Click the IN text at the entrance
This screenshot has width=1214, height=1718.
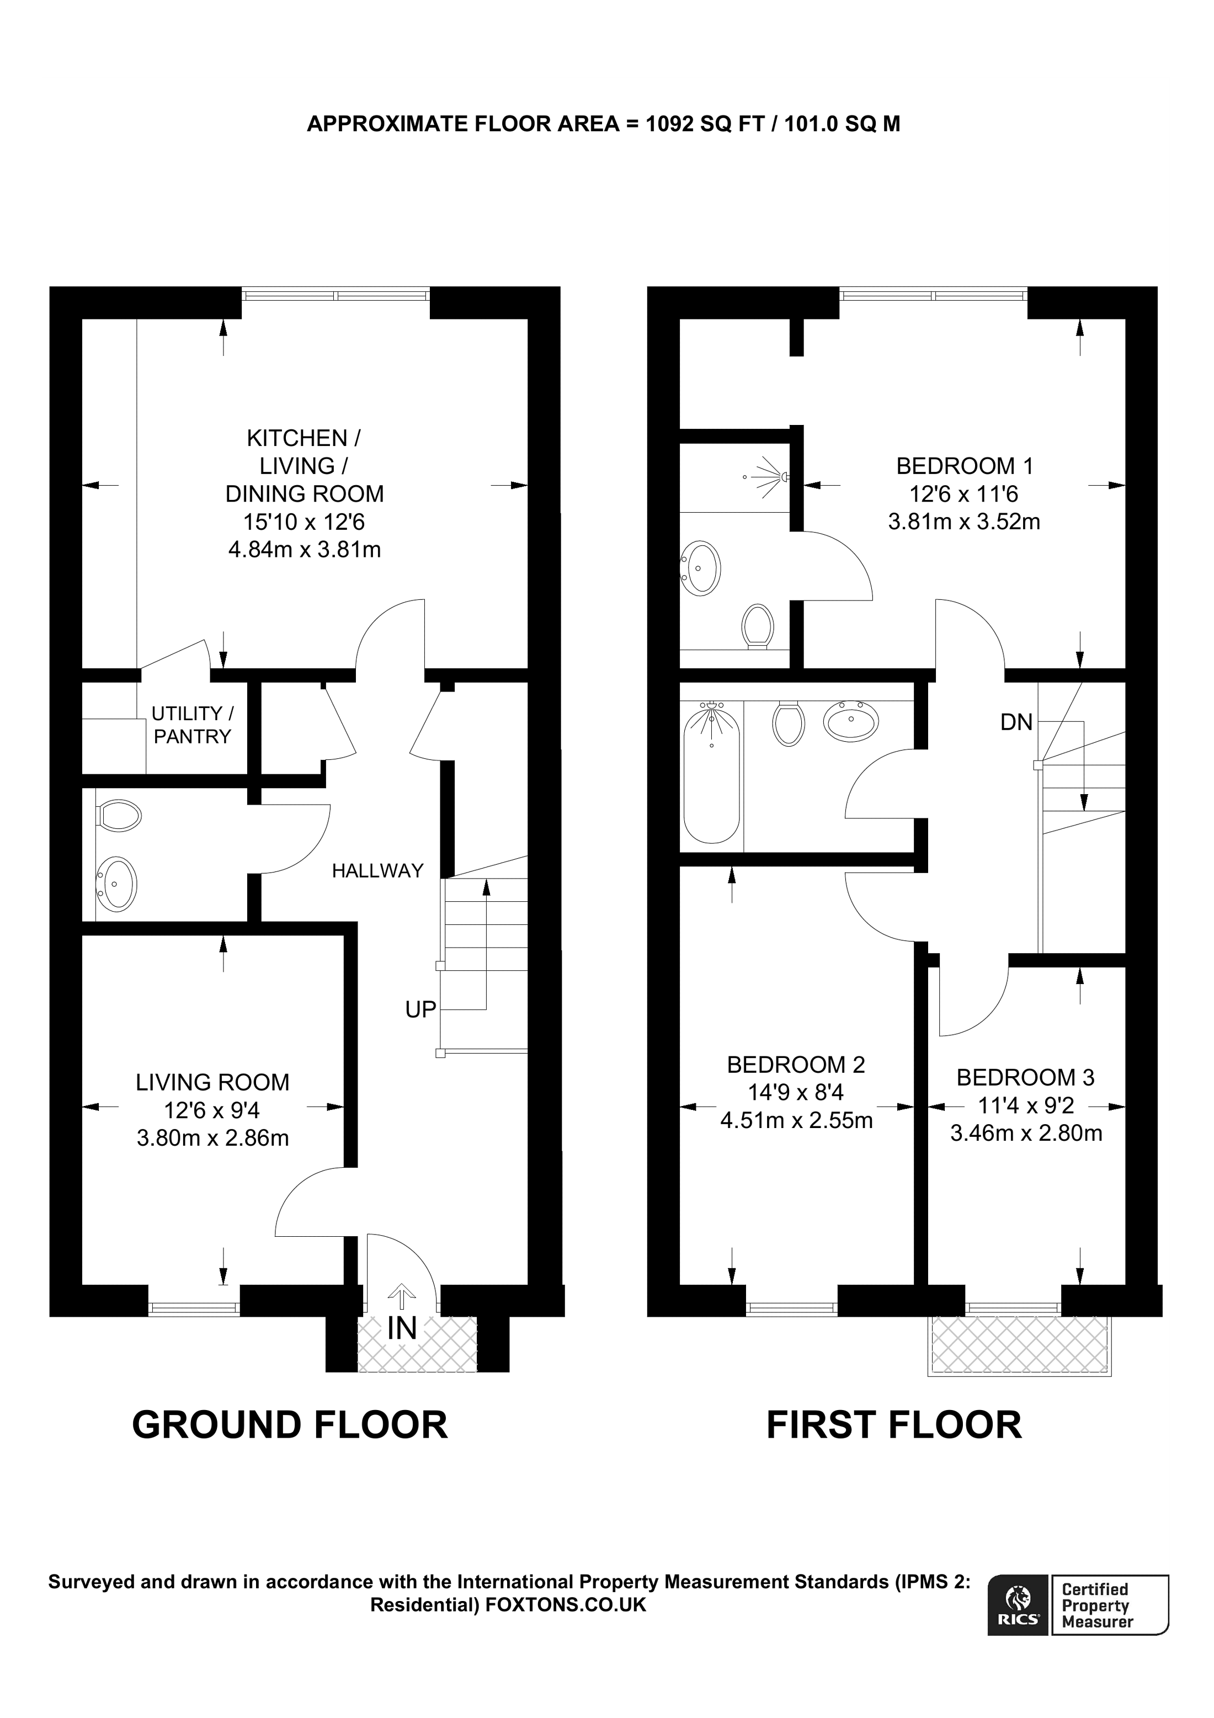click(402, 1328)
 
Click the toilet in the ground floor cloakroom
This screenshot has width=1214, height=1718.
click(119, 816)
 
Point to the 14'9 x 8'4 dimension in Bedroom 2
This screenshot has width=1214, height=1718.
click(796, 1093)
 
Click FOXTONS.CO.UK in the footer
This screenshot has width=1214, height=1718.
click(566, 1605)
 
